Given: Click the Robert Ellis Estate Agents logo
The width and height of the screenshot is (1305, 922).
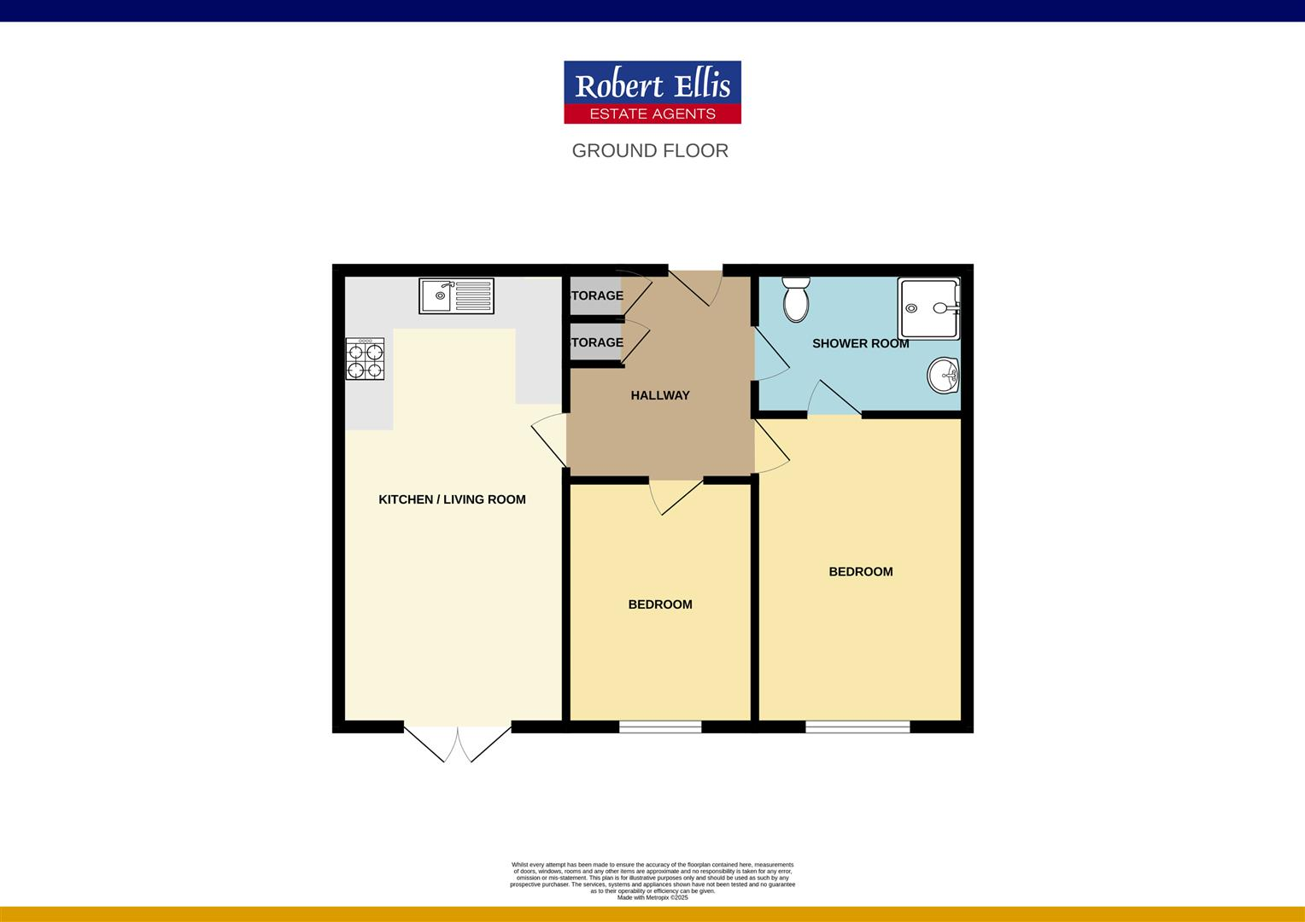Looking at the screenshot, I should click(x=652, y=92).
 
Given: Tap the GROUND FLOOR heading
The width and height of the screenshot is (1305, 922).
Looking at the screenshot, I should click(x=650, y=151).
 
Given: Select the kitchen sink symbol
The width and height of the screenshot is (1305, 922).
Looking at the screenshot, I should click(x=457, y=295).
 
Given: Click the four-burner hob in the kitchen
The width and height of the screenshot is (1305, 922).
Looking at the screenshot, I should click(x=365, y=359).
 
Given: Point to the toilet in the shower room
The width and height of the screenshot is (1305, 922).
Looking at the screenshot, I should click(x=796, y=299).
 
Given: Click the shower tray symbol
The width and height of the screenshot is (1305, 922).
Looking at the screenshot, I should click(x=928, y=308).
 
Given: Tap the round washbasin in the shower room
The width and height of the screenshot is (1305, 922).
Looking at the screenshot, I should click(x=944, y=376).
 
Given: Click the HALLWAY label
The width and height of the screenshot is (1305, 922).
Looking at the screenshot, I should click(x=660, y=395).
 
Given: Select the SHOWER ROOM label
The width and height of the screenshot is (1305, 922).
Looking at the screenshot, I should click(x=860, y=343).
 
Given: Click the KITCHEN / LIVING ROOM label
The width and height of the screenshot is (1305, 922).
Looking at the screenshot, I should click(x=452, y=499).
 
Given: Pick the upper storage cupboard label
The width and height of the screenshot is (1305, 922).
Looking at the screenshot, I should click(x=597, y=295).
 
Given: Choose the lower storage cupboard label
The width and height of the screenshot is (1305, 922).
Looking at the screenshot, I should click(x=597, y=342).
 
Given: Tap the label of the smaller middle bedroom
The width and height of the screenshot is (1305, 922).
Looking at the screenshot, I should click(x=660, y=604).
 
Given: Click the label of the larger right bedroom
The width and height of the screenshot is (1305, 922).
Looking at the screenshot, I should click(x=861, y=572).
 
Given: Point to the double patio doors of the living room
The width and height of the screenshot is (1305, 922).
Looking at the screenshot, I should click(x=458, y=742).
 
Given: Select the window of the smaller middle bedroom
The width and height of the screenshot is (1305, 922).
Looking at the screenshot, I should click(x=660, y=727).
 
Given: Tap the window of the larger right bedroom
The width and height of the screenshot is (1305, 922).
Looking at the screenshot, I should click(x=857, y=727).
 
